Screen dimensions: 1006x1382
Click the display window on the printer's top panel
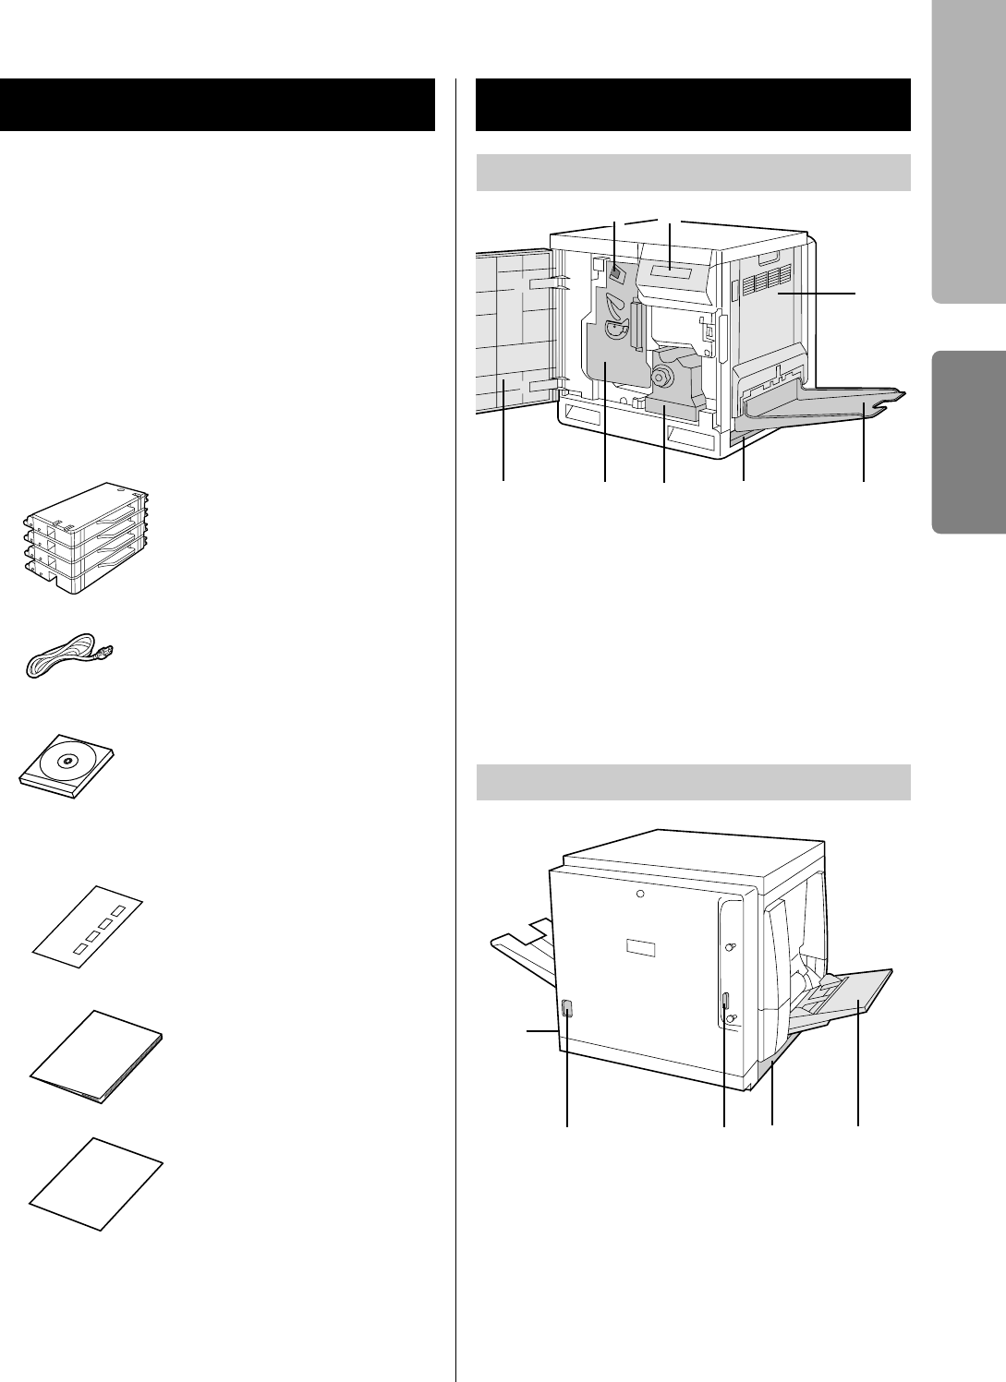670,271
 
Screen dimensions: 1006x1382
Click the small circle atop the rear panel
640,895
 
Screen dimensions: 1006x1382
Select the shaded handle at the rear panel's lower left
567,1010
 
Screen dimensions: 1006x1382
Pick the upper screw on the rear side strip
729,947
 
